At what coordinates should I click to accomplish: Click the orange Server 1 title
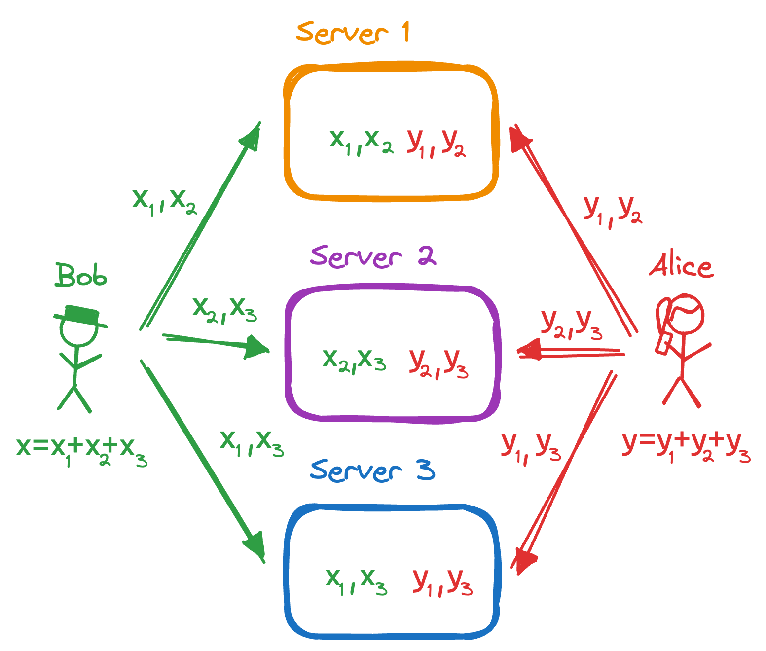[353, 33]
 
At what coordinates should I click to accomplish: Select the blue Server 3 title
[372, 470]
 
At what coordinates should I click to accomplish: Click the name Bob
[80, 275]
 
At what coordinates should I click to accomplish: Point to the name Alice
[681, 266]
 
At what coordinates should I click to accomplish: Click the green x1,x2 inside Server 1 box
[361, 142]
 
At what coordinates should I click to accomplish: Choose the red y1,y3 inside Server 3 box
[442, 582]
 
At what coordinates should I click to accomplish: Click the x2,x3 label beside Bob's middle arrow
[224, 310]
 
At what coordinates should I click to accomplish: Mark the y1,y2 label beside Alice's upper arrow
[612, 211]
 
